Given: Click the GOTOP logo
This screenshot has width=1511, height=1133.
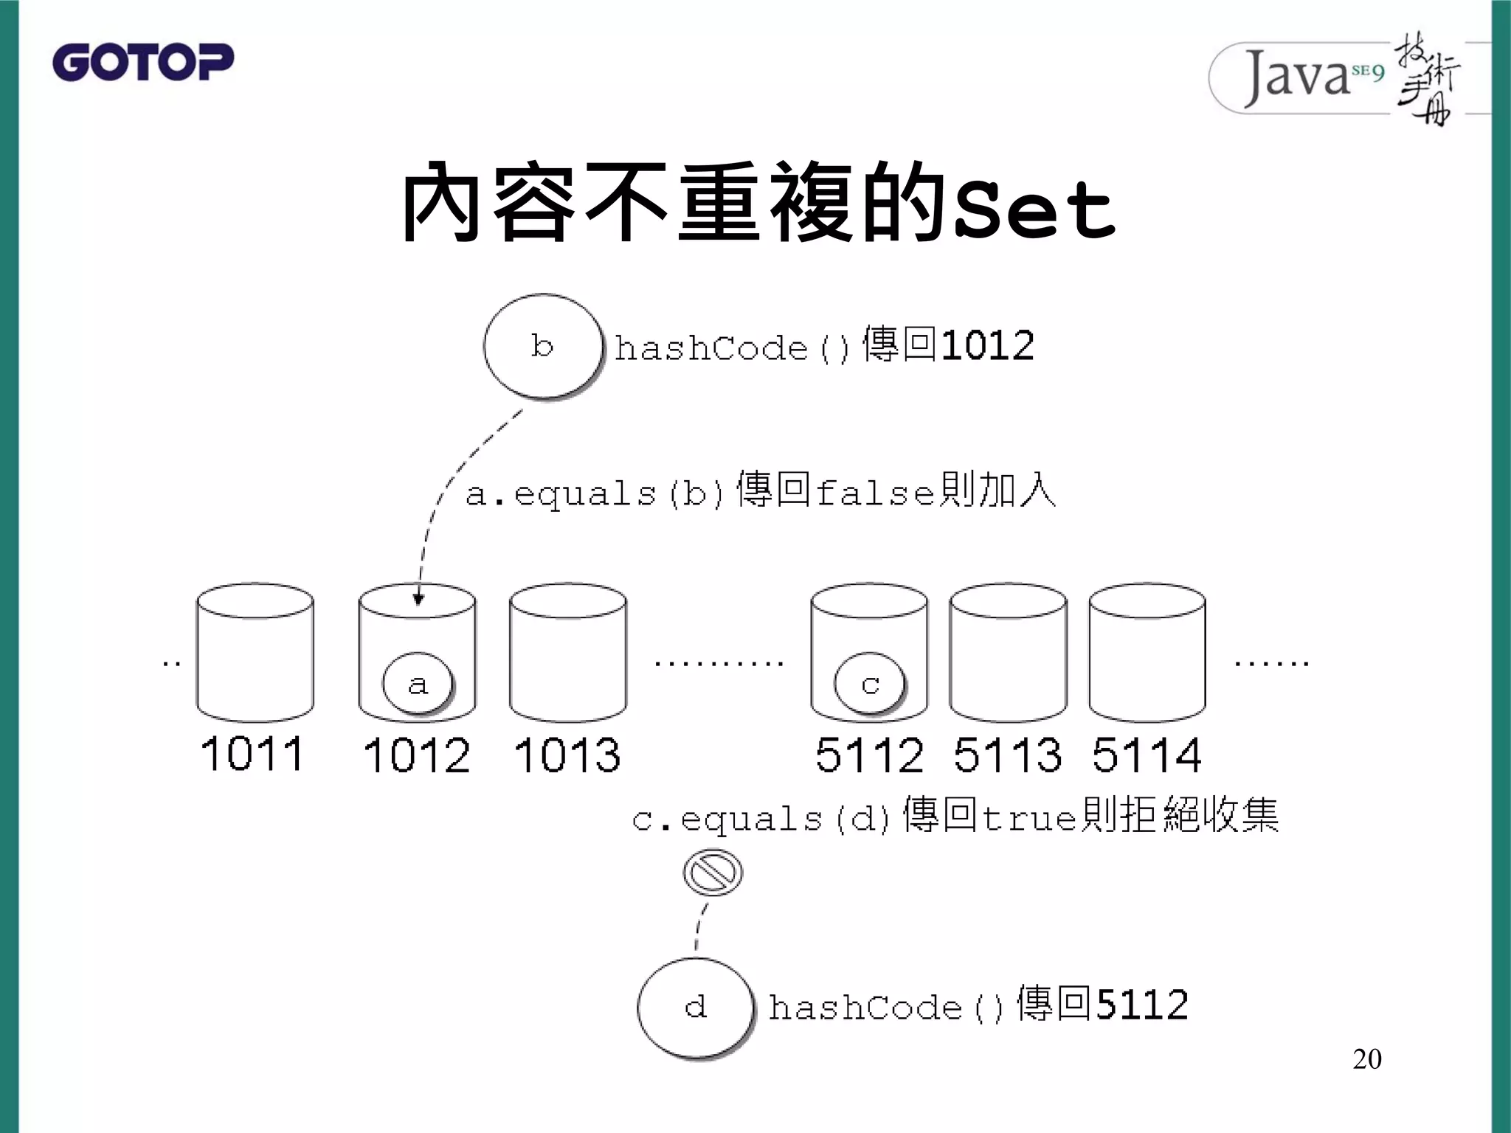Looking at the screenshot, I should [x=142, y=62].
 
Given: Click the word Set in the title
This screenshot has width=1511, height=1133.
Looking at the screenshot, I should [x=1034, y=209].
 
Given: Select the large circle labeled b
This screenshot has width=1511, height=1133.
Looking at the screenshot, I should [x=543, y=346].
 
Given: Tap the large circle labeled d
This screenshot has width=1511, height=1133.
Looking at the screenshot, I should [x=696, y=1008].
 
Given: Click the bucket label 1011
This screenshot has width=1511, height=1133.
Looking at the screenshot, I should [x=252, y=754].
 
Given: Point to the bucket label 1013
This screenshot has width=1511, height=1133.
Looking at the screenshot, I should [x=567, y=755].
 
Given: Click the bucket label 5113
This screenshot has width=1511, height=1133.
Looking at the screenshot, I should [x=1008, y=755].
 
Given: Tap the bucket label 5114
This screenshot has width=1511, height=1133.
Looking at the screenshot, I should [x=1147, y=755].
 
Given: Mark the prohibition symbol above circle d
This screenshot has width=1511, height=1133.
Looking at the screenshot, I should [x=712, y=873].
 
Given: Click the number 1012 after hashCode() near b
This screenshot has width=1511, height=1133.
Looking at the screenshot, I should [x=988, y=346].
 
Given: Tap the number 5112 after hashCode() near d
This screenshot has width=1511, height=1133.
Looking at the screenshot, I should [x=1142, y=1005].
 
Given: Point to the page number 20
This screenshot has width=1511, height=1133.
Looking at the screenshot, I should [x=1366, y=1059].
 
